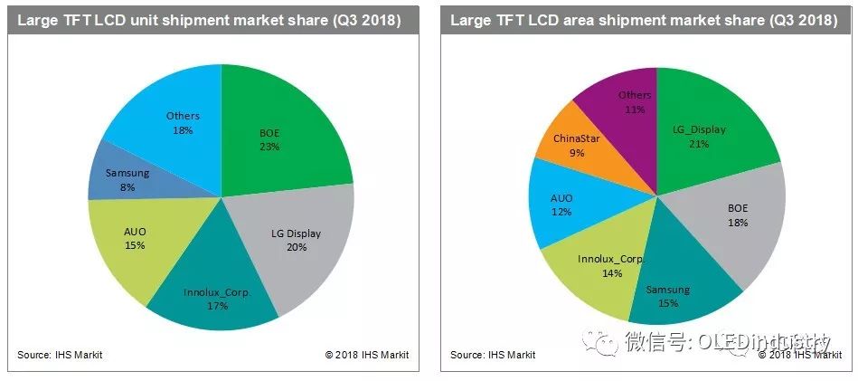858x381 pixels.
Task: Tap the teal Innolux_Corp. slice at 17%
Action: (215, 290)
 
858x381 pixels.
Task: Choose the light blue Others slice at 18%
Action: (172, 118)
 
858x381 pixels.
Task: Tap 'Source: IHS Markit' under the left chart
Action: (60, 355)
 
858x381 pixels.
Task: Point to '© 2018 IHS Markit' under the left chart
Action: (367, 355)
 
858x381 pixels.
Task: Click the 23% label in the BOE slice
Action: (269, 146)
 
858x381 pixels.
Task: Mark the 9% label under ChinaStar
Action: (577, 153)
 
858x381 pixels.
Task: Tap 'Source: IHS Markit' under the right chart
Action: (493, 355)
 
